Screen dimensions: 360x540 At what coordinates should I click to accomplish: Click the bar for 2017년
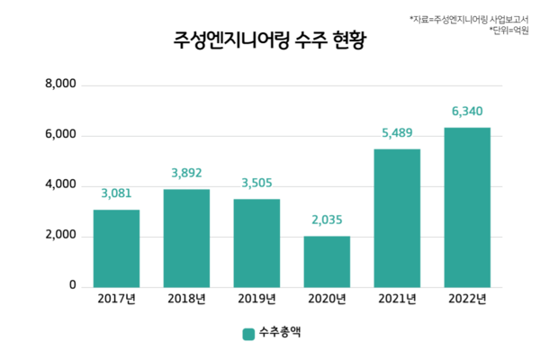point(116,248)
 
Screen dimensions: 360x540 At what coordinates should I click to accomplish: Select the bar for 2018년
point(186,238)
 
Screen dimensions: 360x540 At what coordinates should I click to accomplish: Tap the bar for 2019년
point(256,243)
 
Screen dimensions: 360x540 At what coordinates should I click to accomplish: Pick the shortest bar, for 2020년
point(327,262)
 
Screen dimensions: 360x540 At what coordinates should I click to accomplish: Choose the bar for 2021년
point(397,218)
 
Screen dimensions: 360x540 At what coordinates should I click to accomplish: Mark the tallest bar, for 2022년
point(467,207)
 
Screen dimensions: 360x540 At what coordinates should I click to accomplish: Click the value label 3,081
point(117,193)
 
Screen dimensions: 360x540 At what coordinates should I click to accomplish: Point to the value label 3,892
point(186,172)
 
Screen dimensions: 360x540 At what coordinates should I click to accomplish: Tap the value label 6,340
point(467,112)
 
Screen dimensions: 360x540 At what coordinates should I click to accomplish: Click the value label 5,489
point(397,132)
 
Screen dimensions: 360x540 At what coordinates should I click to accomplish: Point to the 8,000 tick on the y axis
point(60,85)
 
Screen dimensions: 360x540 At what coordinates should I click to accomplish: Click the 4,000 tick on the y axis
point(60,185)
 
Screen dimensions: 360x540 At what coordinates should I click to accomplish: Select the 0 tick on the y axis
point(72,285)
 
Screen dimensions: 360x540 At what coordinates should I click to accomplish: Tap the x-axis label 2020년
point(327,300)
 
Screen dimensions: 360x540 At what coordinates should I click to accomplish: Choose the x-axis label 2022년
point(467,300)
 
